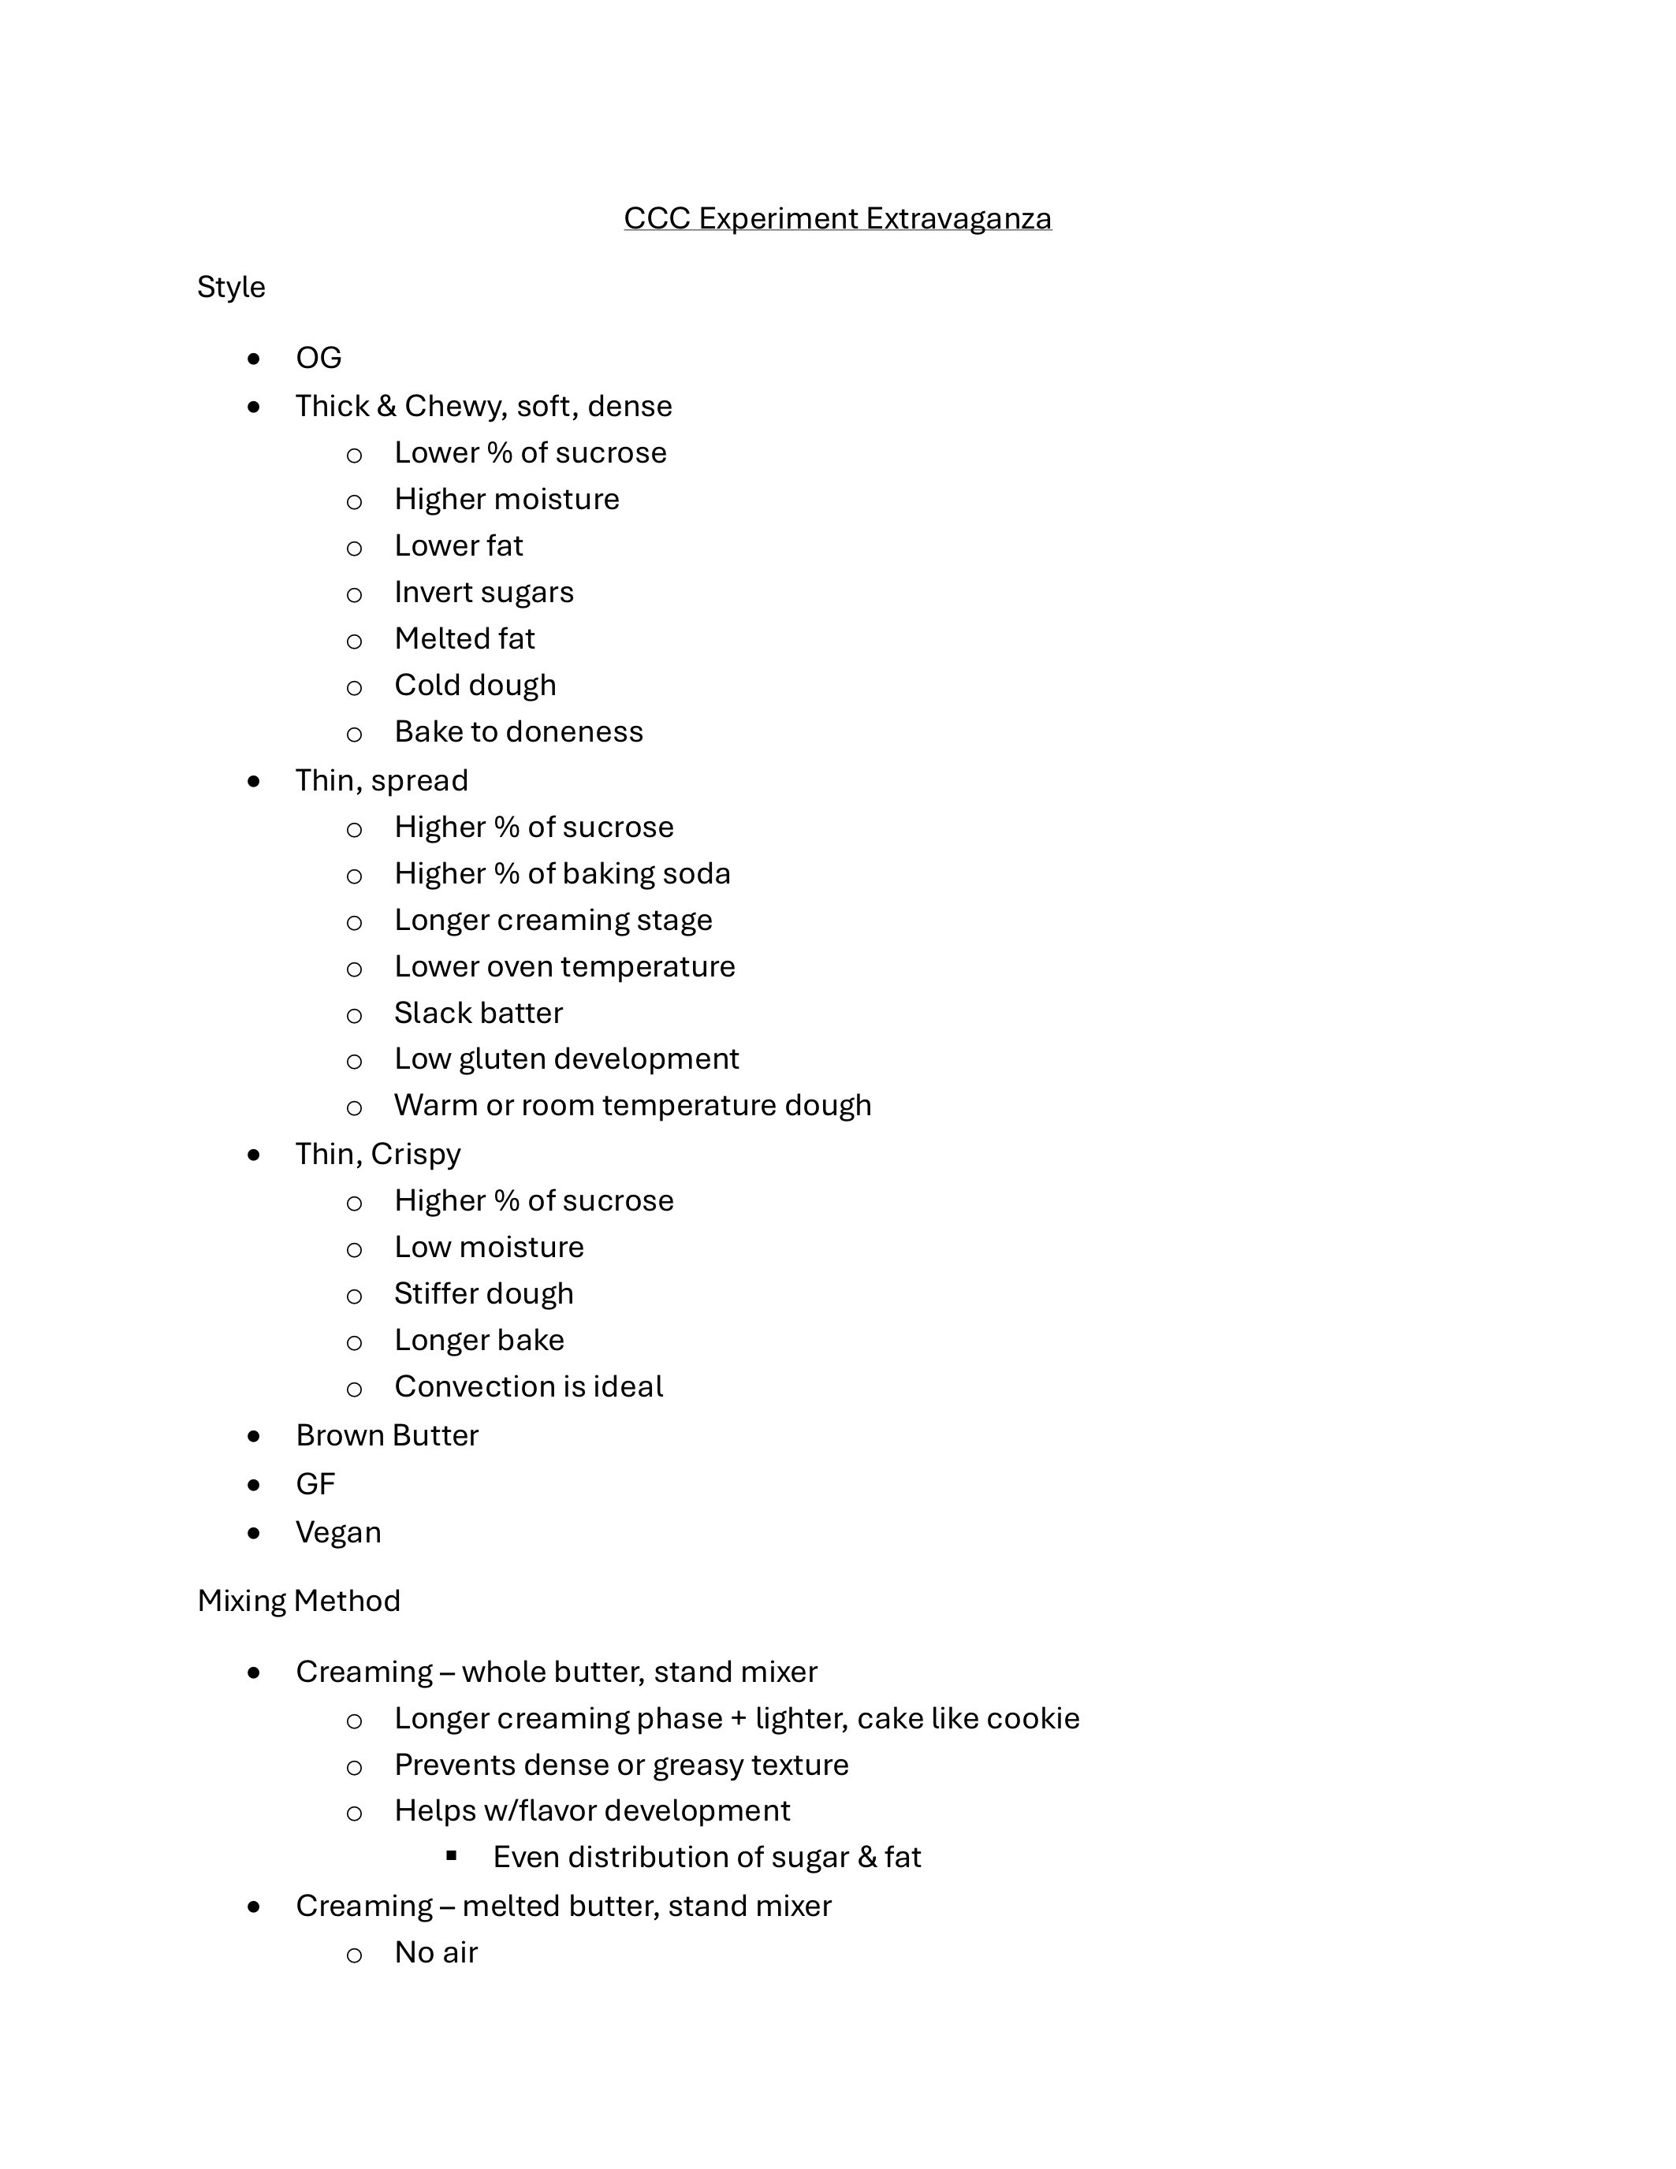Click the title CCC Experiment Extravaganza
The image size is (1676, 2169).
tap(836, 218)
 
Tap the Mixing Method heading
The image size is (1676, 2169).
tap(298, 1600)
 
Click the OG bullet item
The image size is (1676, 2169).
tap(318, 358)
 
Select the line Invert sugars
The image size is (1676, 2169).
tap(484, 592)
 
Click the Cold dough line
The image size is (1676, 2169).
tap(475, 685)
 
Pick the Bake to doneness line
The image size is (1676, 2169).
tap(519, 732)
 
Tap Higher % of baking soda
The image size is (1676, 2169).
tap(562, 874)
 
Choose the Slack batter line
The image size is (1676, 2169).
tap(478, 1013)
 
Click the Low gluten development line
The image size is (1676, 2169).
tap(566, 1058)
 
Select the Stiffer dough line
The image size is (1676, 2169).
tap(484, 1293)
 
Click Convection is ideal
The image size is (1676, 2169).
tap(528, 1386)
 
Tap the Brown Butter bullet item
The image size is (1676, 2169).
tap(386, 1435)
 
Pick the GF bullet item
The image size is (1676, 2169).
tap(315, 1484)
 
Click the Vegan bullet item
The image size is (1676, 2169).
tap(337, 1532)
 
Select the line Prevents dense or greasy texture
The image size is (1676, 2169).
tap(621, 1765)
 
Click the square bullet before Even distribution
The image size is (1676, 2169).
tap(452, 1855)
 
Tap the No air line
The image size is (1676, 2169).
tap(436, 1952)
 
